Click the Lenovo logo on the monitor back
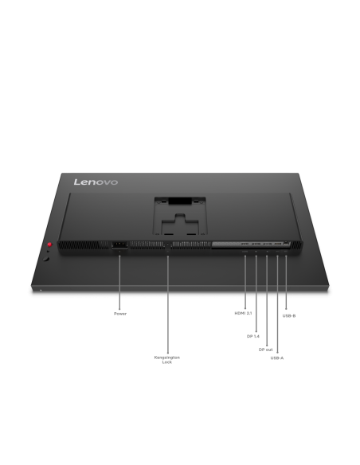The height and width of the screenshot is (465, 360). [x=96, y=182]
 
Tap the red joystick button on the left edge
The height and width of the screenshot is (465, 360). [x=49, y=244]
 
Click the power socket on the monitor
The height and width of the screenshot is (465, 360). [x=119, y=245]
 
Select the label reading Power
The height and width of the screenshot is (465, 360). [x=120, y=314]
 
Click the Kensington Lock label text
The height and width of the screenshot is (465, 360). [x=167, y=360]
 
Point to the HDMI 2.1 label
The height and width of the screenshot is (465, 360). [x=243, y=313]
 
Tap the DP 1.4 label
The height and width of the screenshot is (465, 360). [x=253, y=336]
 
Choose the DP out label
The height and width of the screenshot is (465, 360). [x=265, y=350]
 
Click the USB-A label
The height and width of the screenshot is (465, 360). [x=277, y=358]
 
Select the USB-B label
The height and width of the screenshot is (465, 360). [x=289, y=315]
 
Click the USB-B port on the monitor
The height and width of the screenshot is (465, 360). [x=286, y=243]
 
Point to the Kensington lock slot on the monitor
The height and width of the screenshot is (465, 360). [x=168, y=245]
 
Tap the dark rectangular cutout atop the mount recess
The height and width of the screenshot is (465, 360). [x=180, y=201]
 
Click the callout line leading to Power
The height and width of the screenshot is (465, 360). [x=119, y=283]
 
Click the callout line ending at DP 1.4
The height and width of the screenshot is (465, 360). [x=256, y=294]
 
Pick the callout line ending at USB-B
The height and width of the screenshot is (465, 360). [x=286, y=282]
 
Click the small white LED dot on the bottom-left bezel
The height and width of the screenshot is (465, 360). [x=41, y=290]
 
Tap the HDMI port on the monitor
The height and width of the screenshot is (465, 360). [x=245, y=244]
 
